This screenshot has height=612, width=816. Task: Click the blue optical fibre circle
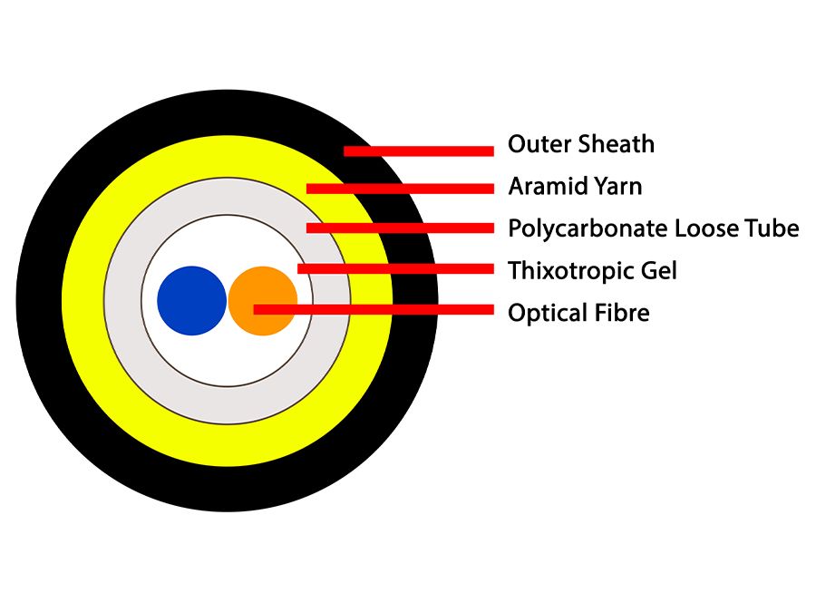(x=191, y=301)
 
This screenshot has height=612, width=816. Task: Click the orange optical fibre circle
(x=262, y=300)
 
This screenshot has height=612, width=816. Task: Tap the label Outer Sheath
(x=580, y=144)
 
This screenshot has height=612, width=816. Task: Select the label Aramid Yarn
(x=575, y=187)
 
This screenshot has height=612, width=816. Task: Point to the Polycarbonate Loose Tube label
(x=653, y=228)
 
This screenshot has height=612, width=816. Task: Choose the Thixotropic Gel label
(x=592, y=270)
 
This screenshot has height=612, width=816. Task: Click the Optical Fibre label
(x=578, y=313)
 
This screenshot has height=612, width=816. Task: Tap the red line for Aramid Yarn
(x=400, y=189)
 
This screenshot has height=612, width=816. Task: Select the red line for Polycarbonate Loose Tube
(x=400, y=228)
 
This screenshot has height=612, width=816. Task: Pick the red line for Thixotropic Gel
(x=395, y=268)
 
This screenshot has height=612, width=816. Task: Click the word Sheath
(x=618, y=144)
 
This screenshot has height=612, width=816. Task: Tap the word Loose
(x=706, y=228)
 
